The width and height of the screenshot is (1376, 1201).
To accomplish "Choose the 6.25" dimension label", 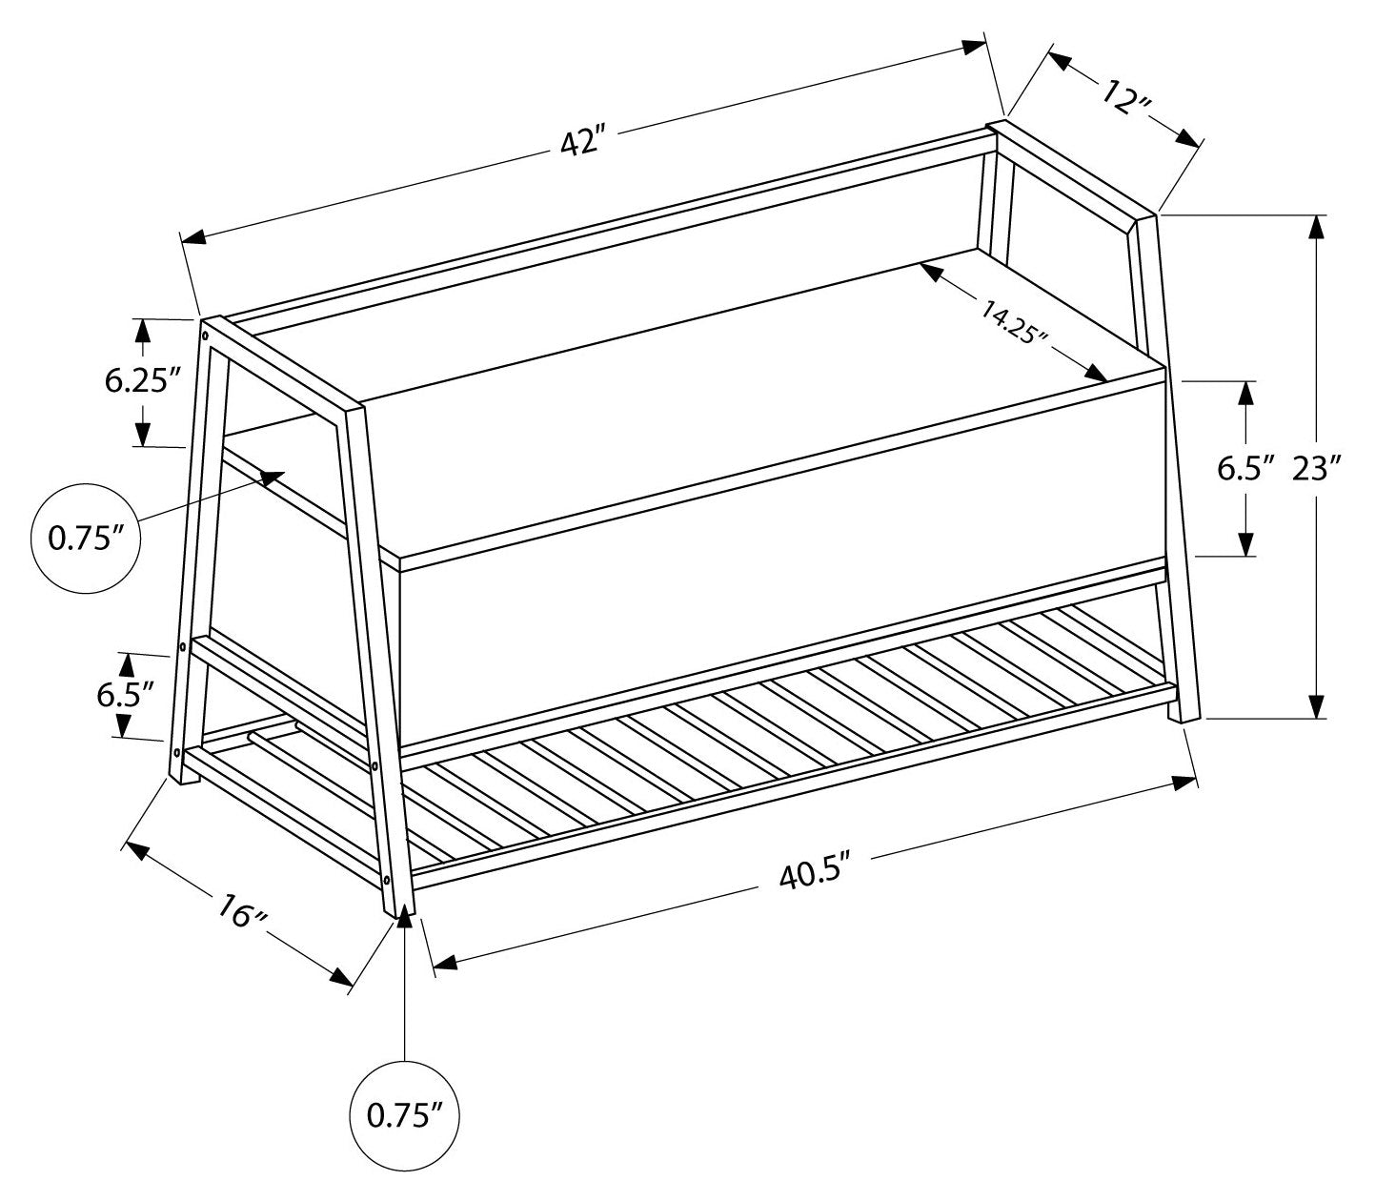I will point(143,381).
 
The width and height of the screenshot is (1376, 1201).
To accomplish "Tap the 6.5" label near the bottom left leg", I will point(124,694).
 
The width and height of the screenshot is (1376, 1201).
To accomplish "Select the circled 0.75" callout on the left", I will point(87,539).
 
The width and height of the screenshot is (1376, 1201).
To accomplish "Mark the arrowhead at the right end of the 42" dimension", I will point(974,45).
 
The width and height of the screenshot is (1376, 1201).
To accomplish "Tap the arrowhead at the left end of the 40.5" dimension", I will point(445,963).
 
